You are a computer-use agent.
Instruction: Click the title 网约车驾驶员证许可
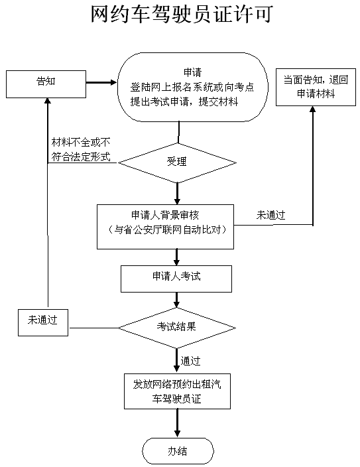[182, 14]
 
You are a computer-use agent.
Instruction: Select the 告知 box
[46, 84]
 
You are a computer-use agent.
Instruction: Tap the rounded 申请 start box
[193, 88]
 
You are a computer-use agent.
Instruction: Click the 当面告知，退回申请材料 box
[316, 87]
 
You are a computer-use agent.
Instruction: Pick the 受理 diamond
[177, 163]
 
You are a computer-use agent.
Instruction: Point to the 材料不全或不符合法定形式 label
[81, 149]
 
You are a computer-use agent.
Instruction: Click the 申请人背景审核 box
[165, 227]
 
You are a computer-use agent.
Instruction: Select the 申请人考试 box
[176, 279]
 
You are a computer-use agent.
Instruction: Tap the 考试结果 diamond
[177, 328]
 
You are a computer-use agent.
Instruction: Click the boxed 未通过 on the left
[43, 322]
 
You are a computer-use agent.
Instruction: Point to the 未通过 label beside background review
[270, 215]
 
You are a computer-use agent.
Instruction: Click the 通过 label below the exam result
[190, 361]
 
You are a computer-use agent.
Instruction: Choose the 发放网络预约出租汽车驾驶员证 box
[177, 391]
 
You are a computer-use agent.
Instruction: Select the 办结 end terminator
[178, 451]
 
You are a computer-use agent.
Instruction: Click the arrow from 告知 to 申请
[101, 82]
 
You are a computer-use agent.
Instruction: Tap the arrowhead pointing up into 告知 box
[48, 101]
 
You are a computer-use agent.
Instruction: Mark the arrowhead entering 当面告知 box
[313, 109]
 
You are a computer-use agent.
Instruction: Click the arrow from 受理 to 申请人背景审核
[177, 194]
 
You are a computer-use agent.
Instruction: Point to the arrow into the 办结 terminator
[177, 423]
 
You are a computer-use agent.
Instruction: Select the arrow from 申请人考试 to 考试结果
[176, 300]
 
